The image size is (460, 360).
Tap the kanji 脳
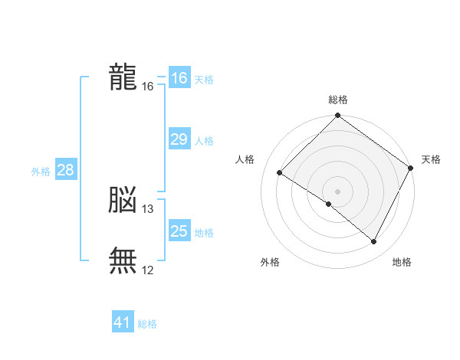pyautogui.click(x=123, y=200)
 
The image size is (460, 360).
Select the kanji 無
pyautogui.click(x=123, y=260)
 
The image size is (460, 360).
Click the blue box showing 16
pyautogui.click(x=179, y=78)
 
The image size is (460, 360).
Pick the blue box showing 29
pyautogui.click(x=179, y=139)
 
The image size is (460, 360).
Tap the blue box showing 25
pyautogui.click(x=179, y=231)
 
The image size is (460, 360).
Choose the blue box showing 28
pyautogui.click(x=65, y=170)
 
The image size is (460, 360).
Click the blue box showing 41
pyautogui.click(x=123, y=322)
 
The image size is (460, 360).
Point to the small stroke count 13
pyautogui.click(x=148, y=209)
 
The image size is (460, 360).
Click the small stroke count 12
pyautogui.click(x=148, y=270)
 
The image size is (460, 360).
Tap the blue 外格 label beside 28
pyautogui.click(x=41, y=172)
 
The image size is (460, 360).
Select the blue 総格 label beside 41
pyautogui.click(x=147, y=324)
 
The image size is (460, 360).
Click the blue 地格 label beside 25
pyautogui.click(x=204, y=233)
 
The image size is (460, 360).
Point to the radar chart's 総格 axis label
pyautogui.click(x=337, y=100)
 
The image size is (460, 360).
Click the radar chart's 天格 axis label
pyautogui.click(x=431, y=159)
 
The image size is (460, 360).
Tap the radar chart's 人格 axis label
pyautogui.click(x=245, y=159)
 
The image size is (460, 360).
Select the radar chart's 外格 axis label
pyautogui.click(x=270, y=262)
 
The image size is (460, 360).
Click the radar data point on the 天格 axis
pyautogui.click(x=410, y=168)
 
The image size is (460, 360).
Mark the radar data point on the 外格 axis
pyautogui.click(x=329, y=204)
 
